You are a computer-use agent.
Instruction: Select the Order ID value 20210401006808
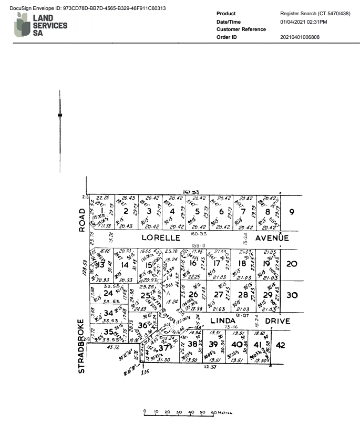coord(300,37)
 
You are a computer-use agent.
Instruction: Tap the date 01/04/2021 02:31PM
coord(303,22)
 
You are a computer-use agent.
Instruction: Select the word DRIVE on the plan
coord(276,320)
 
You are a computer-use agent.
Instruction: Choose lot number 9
coord(292,212)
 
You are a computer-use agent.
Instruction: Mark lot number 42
coord(280,345)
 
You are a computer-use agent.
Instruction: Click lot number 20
coord(293,264)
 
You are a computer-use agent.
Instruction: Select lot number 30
coord(293,295)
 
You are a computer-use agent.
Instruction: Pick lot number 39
coord(213,345)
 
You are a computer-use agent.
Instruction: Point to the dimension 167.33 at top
coord(189,192)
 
